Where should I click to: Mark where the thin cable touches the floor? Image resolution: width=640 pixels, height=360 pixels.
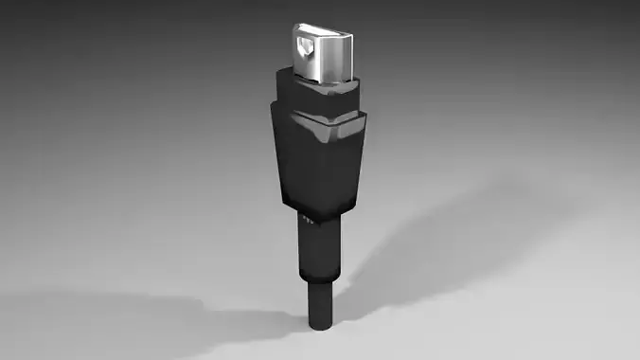320,325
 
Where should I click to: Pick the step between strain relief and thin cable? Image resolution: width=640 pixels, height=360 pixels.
317,281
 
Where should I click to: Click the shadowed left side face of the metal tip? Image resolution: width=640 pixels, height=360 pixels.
295,52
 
